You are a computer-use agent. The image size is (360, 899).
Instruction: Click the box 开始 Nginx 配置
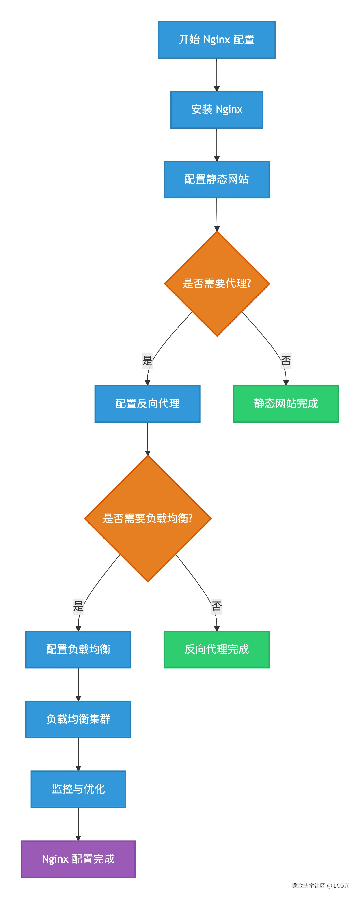click(x=216, y=40)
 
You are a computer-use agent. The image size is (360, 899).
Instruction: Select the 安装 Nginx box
click(x=216, y=109)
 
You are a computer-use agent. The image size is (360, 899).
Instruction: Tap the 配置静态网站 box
click(x=216, y=179)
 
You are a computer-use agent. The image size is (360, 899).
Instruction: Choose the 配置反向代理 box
click(x=147, y=404)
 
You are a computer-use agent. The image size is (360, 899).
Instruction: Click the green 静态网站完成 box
click(x=286, y=404)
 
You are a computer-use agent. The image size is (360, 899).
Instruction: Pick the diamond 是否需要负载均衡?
click(x=148, y=519)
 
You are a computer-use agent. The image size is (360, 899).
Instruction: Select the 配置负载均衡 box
click(x=78, y=650)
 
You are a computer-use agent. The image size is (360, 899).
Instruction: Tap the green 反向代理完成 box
click(x=216, y=650)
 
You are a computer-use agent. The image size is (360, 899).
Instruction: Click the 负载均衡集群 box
click(x=78, y=719)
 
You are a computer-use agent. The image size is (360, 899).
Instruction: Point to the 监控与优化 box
click(x=78, y=789)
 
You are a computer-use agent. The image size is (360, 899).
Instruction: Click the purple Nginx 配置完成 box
click(x=78, y=859)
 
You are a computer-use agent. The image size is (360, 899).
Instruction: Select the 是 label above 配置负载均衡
click(x=78, y=606)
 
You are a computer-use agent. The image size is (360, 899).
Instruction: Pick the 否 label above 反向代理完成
click(x=216, y=606)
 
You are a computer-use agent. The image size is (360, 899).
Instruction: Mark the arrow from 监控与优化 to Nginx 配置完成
click(x=78, y=824)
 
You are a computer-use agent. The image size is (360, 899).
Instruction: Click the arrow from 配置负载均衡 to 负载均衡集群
click(x=78, y=684)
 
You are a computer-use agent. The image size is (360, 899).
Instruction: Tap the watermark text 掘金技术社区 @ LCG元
click(x=320, y=885)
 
